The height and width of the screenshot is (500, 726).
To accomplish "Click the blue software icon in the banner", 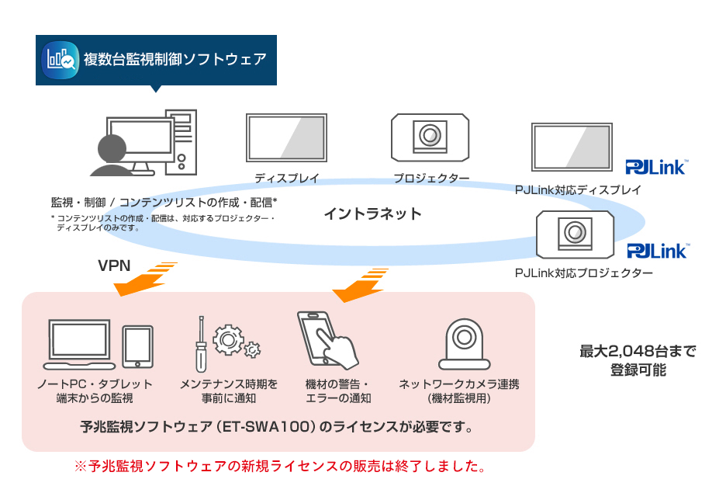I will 61,59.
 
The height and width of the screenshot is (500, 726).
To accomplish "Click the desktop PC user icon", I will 144,144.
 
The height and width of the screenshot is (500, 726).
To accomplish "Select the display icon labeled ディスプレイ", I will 286,138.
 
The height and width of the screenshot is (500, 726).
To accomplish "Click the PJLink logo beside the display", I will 656,166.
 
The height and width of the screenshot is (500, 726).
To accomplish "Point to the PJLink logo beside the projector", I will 656,250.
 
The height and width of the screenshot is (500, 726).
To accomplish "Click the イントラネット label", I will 372,214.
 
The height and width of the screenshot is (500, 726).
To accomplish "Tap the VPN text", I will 114,266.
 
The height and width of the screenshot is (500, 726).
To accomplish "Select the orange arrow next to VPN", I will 146,280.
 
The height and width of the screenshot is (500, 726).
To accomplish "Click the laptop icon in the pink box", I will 80,344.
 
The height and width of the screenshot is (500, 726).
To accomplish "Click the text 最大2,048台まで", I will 638,351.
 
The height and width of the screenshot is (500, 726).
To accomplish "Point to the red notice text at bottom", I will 280,467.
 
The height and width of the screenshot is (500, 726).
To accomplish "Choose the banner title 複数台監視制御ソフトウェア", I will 175,59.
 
